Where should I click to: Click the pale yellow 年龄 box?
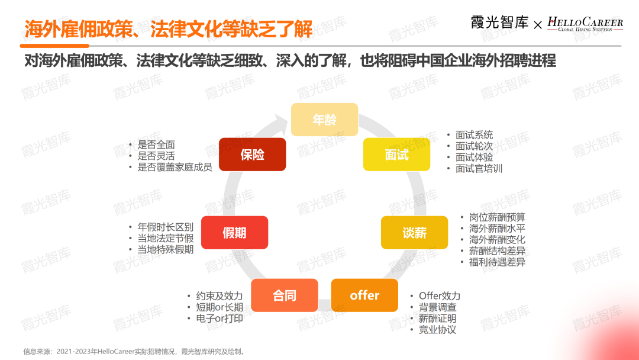point(324,120)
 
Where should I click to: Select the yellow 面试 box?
point(396,155)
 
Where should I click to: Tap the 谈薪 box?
point(414,233)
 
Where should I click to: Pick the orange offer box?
point(364,295)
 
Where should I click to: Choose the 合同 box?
point(285,295)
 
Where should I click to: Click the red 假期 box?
point(234,233)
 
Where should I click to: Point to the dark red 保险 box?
point(252,155)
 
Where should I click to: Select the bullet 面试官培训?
point(479,168)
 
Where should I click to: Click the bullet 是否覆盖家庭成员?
point(175,167)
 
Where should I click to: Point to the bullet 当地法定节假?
point(166,238)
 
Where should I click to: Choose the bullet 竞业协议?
point(437,330)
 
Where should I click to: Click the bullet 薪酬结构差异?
point(497,251)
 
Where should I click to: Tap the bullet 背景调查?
point(437,307)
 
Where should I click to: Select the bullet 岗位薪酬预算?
point(497,217)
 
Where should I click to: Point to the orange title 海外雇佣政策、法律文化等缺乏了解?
point(169,28)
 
